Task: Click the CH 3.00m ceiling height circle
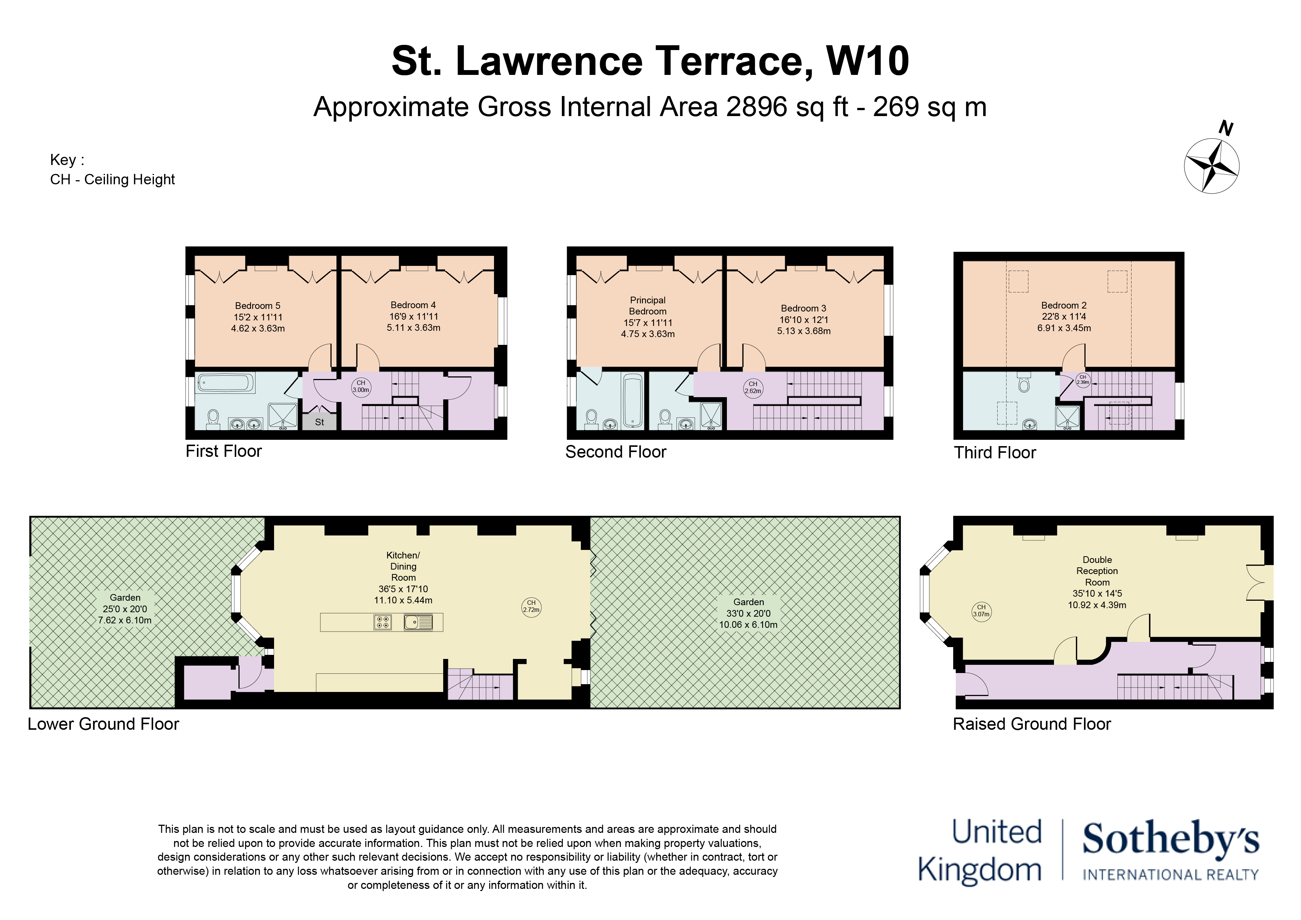coord(361,386)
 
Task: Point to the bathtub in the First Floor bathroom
coord(225,383)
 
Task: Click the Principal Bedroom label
coord(648,306)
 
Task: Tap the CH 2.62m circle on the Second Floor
coord(753,388)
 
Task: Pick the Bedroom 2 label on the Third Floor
coord(1064,305)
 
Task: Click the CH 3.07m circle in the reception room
coord(981,611)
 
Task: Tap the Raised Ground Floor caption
coord(1031,724)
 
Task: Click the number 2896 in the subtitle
coord(757,107)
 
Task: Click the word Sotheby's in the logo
coord(1170,840)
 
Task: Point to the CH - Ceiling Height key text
coord(112,179)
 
